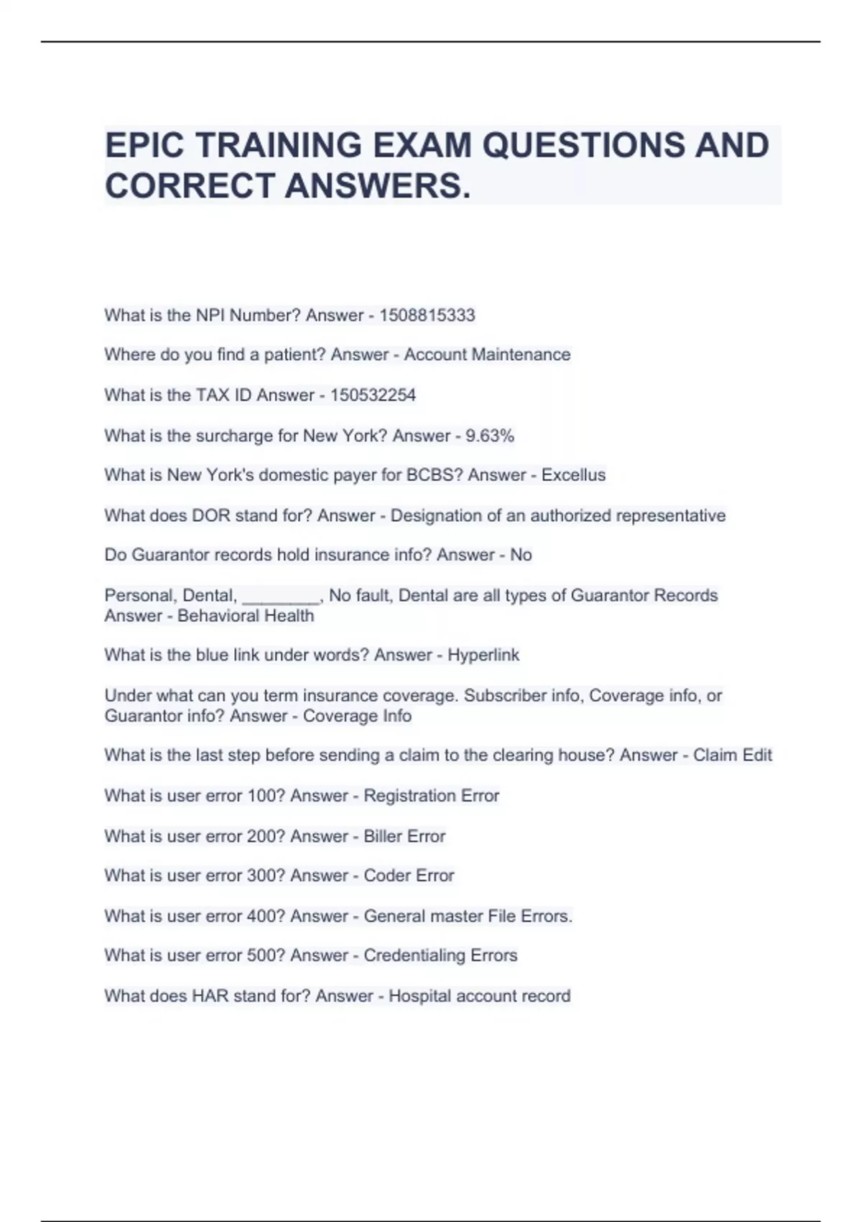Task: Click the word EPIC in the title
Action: (146, 145)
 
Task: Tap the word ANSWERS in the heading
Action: (378, 186)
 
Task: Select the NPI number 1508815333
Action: (427, 315)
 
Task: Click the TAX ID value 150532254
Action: (373, 395)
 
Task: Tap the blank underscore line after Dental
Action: (281, 596)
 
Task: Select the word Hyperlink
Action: (483, 655)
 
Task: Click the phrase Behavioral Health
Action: (246, 616)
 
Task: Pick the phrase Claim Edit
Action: (732, 755)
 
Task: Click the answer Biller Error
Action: (404, 836)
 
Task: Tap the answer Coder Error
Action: (409, 876)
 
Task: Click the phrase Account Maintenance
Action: (487, 354)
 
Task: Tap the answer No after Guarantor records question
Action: (521, 555)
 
